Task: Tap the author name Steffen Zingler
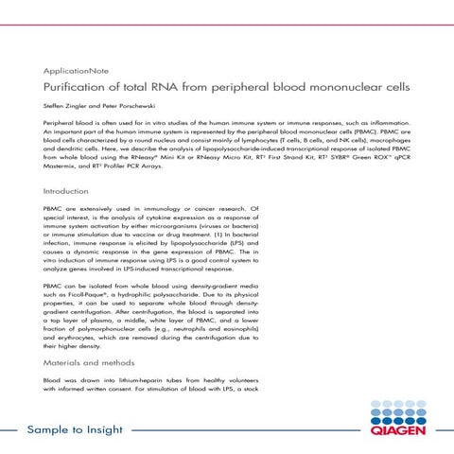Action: pos(63,107)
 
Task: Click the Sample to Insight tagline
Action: pos(75,431)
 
